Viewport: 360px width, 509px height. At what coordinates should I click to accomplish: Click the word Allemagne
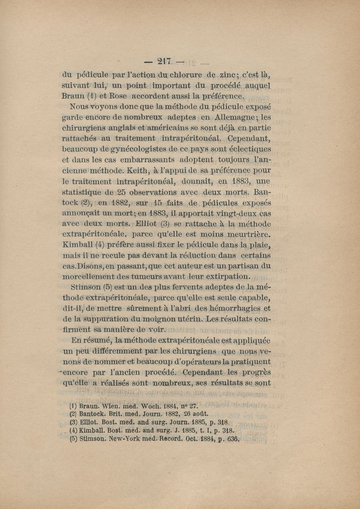(x=231, y=117)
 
